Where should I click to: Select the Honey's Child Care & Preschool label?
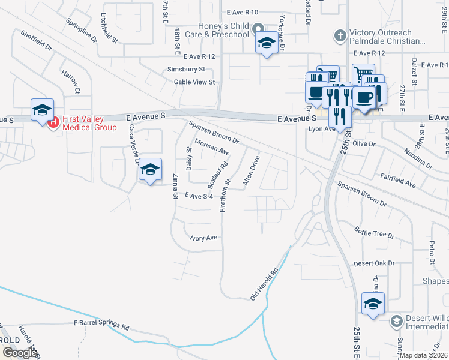tap(224, 30)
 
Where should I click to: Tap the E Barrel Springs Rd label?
tap(101, 324)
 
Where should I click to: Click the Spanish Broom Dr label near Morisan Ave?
tap(214, 133)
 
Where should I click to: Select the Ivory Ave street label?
tap(203, 238)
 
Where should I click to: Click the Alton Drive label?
tap(251, 172)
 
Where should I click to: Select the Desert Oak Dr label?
tap(374, 263)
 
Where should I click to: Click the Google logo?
tap(20, 352)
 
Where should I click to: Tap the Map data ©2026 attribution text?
tap(424, 355)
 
